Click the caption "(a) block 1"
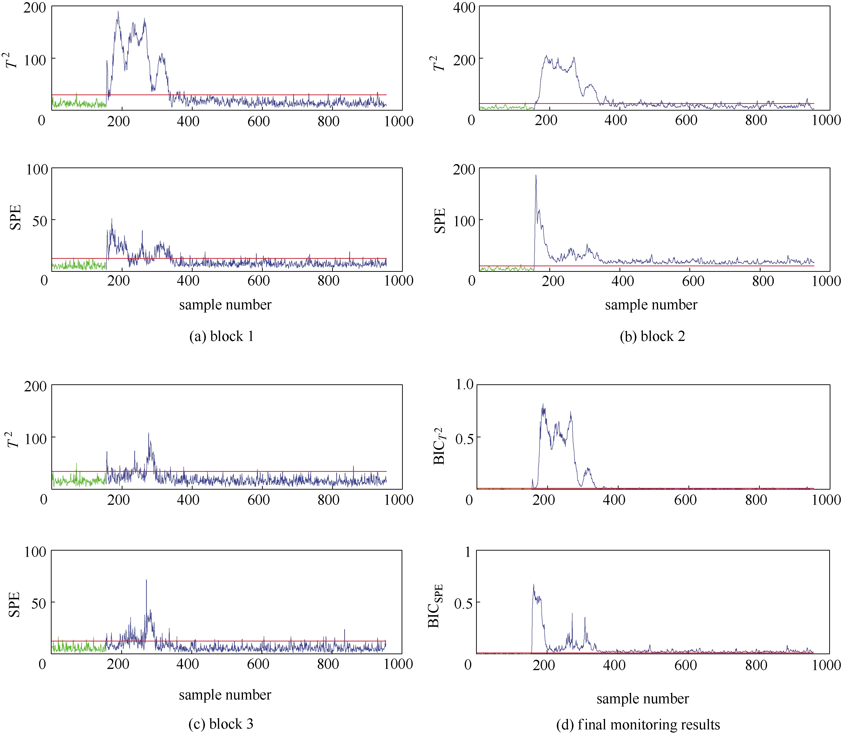tap(221, 336)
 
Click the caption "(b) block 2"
tap(652, 336)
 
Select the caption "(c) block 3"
tap(221, 724)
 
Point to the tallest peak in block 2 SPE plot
tap(536, 175)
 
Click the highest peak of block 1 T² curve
tap(118, 12)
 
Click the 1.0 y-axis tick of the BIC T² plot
tap(464, 385)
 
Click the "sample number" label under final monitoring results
tap(643, 699)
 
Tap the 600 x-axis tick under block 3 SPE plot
tap(258, 664)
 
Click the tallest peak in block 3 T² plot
tap(149, 433)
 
